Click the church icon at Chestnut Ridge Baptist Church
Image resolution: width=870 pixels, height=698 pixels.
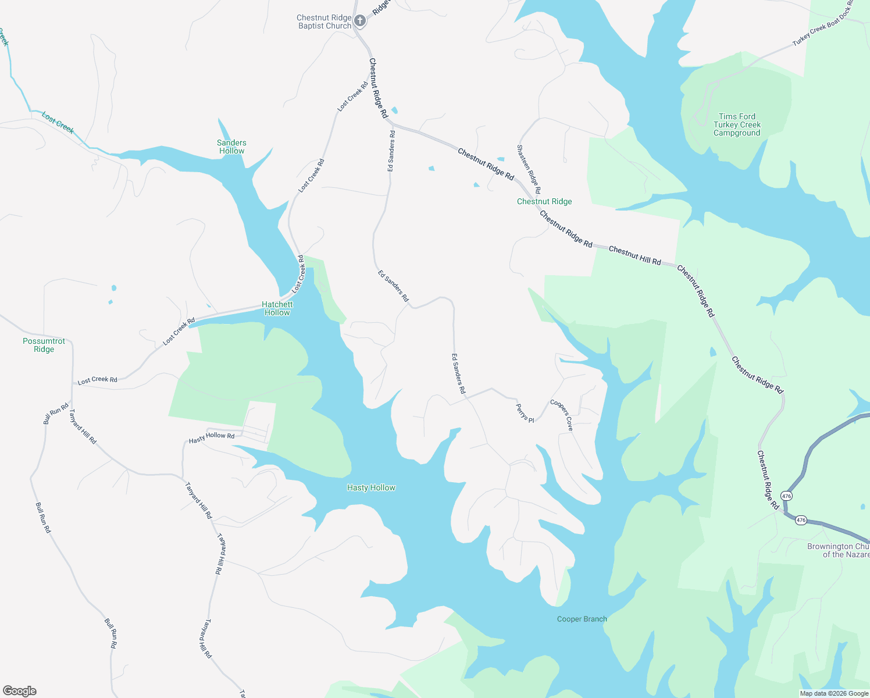pos(360,22)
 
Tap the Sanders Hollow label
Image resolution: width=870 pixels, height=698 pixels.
pos(231,147)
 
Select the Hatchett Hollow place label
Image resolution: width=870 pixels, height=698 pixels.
pos(277,308)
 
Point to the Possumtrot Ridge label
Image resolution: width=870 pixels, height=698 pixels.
pos(44,345)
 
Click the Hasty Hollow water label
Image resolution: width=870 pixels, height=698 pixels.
pos(371,487)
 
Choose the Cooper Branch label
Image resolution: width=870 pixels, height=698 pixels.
pos(582,619)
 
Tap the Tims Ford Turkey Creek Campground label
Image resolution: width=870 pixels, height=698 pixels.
pos(737,124)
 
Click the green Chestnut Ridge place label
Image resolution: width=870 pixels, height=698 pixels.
pos(544,201)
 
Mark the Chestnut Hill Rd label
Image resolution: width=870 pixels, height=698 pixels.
pos(634,256)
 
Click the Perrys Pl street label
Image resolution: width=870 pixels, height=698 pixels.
pos(525,413)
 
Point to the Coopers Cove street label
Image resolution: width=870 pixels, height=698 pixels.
pos(562,415)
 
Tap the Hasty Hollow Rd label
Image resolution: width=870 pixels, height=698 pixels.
pos(212,437)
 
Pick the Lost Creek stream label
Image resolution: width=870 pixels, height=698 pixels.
pos(58,123)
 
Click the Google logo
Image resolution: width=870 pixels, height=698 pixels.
pos(19,691)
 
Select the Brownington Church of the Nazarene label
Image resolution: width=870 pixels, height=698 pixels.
pos(838,550)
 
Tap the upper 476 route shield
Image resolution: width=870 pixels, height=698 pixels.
pos(786,496)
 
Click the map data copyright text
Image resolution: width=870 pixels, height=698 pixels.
pos(834,693)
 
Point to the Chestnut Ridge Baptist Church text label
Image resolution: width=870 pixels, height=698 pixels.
pos(324,22)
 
